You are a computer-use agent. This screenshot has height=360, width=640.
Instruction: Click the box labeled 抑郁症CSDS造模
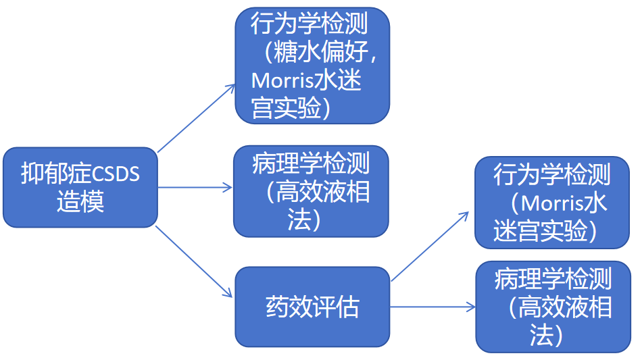80,187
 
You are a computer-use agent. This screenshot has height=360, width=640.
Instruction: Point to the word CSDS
114,174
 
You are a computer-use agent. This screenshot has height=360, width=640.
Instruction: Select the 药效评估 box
312,307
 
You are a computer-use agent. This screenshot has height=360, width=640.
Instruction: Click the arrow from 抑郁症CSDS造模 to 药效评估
194,262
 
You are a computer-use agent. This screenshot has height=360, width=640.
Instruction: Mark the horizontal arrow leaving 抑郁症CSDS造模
195,187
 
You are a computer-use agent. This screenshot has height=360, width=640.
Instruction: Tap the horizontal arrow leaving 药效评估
433,307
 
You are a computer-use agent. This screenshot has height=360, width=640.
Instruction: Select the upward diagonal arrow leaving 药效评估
430,246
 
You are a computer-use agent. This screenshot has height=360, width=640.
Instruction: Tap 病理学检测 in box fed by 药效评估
553,279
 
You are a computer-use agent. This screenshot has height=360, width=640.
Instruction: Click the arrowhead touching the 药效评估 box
228,294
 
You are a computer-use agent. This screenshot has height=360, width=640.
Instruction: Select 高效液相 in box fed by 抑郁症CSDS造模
322,192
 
